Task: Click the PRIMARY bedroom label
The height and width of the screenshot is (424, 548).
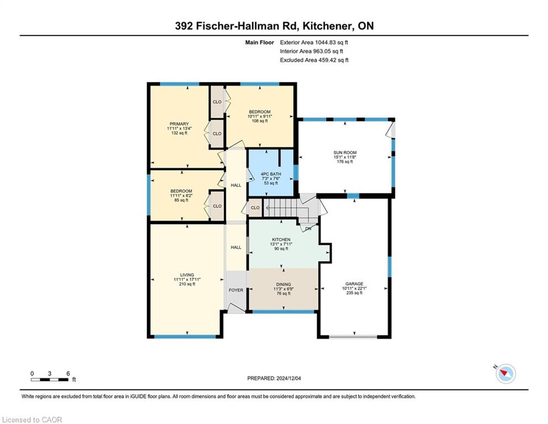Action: click(x=179, y=124)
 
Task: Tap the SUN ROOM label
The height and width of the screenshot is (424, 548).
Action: click(x=345, y=152)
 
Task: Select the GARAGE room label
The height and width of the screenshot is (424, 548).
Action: click(x=354, y=284)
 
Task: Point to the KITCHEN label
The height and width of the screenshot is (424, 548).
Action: click(x=281, y=240)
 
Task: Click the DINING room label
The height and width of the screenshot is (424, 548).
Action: click(x=284, y=284)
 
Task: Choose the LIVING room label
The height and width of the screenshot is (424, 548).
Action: click(x=187, y=275)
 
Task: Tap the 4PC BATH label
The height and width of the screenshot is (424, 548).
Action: click(x=271, y=174)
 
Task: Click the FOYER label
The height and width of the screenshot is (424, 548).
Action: click(x=236, y=290)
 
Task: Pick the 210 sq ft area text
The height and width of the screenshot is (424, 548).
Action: click(x=187, y=284)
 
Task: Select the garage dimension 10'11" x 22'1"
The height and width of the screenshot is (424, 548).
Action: click(x=354, y=288)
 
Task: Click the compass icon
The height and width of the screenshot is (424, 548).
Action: click(x=506, y=374)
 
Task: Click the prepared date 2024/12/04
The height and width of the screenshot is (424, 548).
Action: click(x=288, y=378)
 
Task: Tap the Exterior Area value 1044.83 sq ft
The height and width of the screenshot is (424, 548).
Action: click(x=331, y=43)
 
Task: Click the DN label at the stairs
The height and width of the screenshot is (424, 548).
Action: click(x=308, y=229)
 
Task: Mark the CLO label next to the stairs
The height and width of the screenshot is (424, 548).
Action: click(x=255, y=208)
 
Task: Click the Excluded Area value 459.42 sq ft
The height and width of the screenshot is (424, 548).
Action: click(x=333, y=60)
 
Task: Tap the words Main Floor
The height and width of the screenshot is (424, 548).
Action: click(x=259, y=43)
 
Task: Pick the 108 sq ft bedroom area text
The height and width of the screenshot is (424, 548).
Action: click(x=260, y=121)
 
